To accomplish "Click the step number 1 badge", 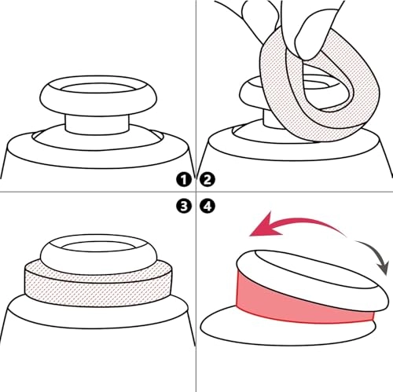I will pyautogui.click(x=183, y=179).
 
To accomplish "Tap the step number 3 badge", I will pyautogui.click(x=183, y=207).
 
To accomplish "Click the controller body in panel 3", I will pyautogui.click(x=94, y=346).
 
